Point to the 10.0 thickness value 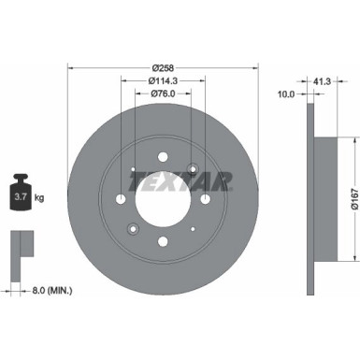(x=286, y=94)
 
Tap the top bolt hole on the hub (x=164, y=158)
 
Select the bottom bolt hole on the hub (x=164, y=241)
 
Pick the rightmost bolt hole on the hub (x=205, y=199)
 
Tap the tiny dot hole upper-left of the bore (x=135, y=170)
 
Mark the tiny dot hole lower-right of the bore (x=193, y=228)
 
